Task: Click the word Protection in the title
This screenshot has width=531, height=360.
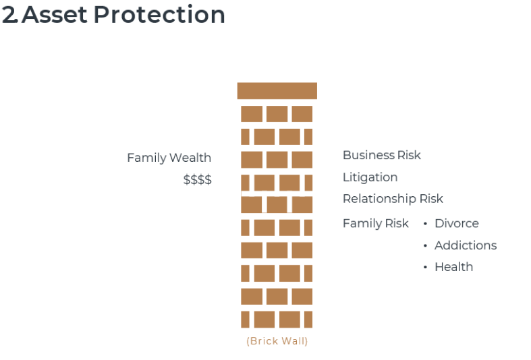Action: (x=159, y=15)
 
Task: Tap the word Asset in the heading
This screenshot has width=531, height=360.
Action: (x=55, y=15)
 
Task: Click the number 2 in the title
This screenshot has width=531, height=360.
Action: (x=9, y=15)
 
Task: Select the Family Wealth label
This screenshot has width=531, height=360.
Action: (x=169, y=158)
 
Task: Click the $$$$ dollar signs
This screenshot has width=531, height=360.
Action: (x=198, y=179)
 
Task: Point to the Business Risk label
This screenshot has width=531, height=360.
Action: (x=382, y=155)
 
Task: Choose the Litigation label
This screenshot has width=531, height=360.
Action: (x=370, y=177)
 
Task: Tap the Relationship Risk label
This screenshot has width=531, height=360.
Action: (x=393, y=199)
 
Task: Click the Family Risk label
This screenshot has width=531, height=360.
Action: (x=376, y=223)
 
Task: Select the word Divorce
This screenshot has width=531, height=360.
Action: (x=457, y=223)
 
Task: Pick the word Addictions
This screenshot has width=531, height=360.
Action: (x=466, y=245)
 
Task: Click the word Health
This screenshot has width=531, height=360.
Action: (x=454, y=267)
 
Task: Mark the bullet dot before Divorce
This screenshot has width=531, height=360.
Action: (x=425, y=224)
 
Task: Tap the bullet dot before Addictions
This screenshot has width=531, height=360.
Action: (x=425, y=245)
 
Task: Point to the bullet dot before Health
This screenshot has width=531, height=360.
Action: (x=425, y=267)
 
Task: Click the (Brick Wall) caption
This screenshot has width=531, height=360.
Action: (x=277, y=341)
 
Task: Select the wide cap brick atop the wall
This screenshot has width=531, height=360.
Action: (x=277, y=91)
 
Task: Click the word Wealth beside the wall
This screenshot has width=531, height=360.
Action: (x=190, y=158)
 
